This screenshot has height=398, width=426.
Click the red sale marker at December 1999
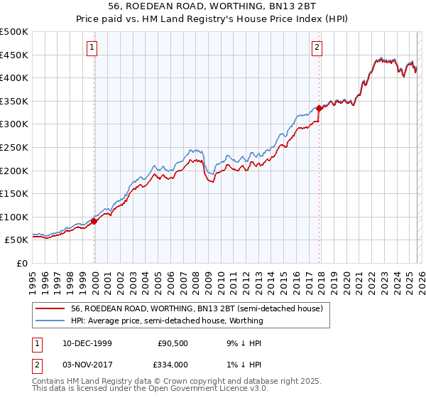pos(94,221)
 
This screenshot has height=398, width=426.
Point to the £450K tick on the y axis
pos(14,55)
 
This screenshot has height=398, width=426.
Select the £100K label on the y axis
pos(14,217)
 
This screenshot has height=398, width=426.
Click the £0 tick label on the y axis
pos(22,263)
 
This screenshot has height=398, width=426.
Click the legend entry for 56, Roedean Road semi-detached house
pos(197,308)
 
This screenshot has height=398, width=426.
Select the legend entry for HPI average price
pos(167,321)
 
